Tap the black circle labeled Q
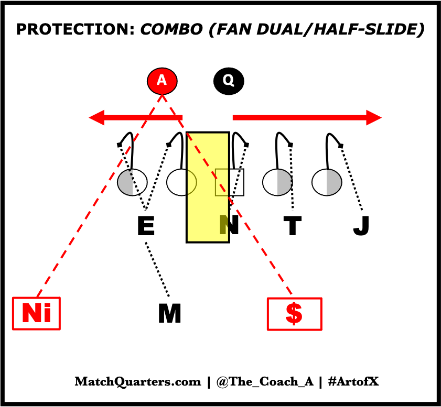[229, 81]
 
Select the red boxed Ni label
[37, 314]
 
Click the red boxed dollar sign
[294, 314]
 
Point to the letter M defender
[169, 314]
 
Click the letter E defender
[145, 226]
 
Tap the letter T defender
[292, 226]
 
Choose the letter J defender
[361, 226]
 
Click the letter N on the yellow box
[229, 226]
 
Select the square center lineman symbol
[230, 182]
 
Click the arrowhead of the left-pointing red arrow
[97, 117]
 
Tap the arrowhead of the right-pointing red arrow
[373, 117]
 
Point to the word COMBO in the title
[171, 29]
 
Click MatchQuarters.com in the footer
[138, 382]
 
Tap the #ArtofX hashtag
[352, 382]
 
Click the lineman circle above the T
[277, 182]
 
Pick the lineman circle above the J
[327, 182]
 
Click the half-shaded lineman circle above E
[132, 182]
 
